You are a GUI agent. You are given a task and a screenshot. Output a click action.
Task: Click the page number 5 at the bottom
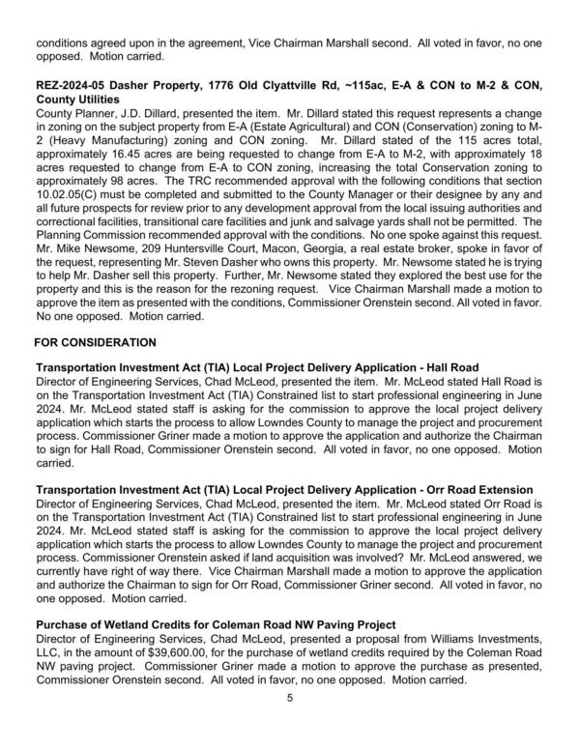289,700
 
